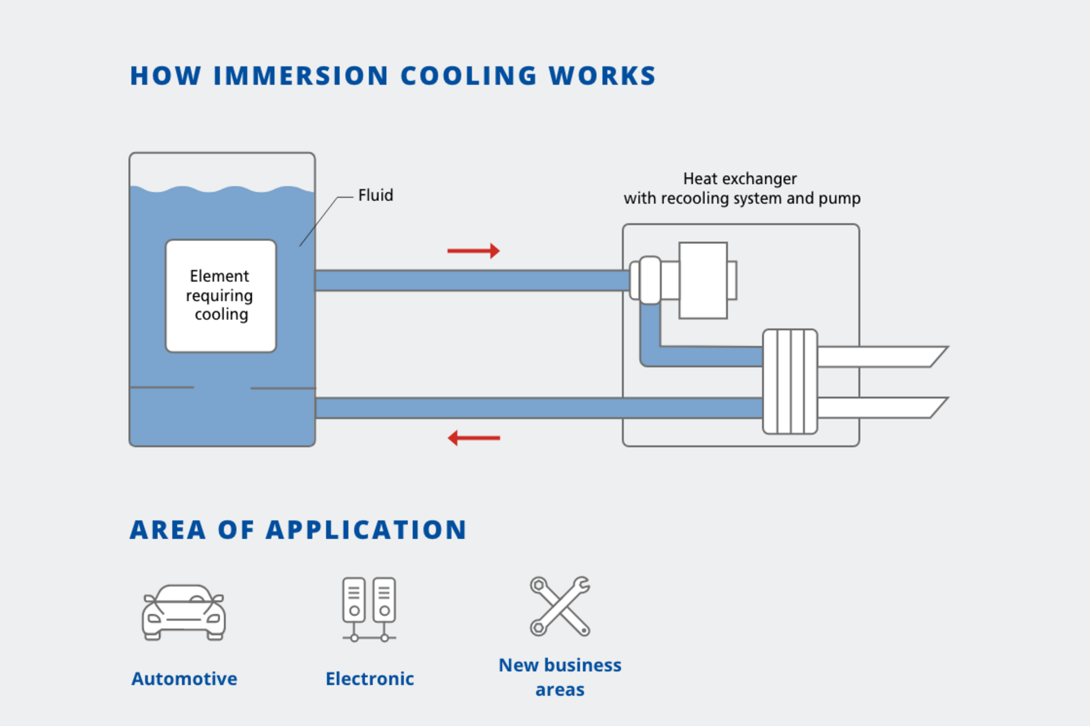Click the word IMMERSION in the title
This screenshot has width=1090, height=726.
tap(301, 76)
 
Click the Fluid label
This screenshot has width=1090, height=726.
tap(375, 195)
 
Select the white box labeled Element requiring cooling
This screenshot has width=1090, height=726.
tap(221, 296)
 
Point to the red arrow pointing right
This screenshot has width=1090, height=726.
tap(473, 250)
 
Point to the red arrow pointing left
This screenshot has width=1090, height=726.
tap(473, 438)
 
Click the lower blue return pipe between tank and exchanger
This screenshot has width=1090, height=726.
tap(532, 408)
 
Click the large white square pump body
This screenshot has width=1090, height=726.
tap(703, 281)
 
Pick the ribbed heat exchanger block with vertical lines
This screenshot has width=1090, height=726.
tap(790, 381)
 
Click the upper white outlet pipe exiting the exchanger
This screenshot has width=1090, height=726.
tap(878, 357)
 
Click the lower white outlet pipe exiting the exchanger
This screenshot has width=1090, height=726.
tap(878, 408)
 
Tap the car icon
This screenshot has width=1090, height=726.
tap(184, 613)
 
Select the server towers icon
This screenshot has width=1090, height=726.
tap(369, 608)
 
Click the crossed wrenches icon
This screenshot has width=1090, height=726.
tap(560, 606)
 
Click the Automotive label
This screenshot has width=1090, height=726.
tap(184, 679)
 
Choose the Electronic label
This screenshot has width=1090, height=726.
tap(369, 679)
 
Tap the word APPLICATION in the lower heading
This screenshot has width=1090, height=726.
tap(366, 530)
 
